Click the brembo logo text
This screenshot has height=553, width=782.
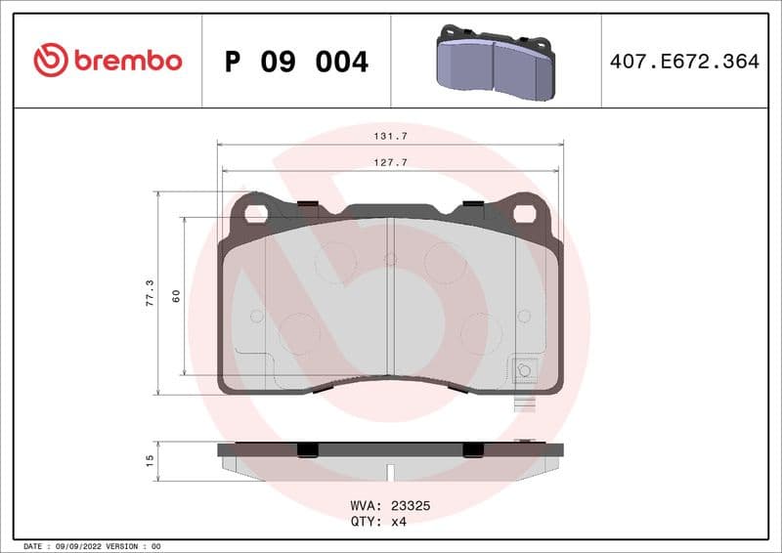pos(127,61)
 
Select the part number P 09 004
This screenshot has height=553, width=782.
pos(296,62)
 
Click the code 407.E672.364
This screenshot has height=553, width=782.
pos(684,62)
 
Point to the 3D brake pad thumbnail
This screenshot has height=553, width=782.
pos(493,63)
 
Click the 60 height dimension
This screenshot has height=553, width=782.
pos(176,295)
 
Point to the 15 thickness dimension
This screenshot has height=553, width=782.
pos(150,459)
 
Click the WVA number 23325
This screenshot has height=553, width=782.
pos(411,506)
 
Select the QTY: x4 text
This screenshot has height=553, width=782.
pos(377,522)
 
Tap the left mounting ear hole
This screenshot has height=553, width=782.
pos(256,212)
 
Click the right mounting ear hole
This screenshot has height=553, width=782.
pos(524,212)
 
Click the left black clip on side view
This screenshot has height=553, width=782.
pos(306,448)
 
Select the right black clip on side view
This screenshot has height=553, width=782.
pos(473,448)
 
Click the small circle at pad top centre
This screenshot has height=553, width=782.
pos(390,259)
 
